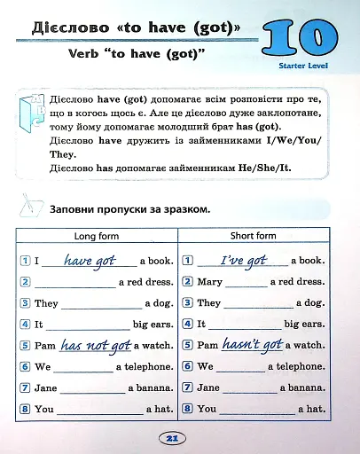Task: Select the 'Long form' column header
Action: coord(96,236)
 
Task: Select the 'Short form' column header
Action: coord(254,236)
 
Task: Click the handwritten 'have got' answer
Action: coord(90,260)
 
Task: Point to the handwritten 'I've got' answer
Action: coord(244,260)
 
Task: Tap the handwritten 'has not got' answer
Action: coord(96,345)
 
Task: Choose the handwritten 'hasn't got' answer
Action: coord(252,345)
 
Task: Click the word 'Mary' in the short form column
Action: coord(209,282)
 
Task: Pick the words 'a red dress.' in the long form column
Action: coord(146,282)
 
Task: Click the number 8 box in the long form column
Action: coord(25,410)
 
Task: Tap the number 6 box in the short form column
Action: coord(187,367)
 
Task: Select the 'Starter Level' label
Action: coord(304,66)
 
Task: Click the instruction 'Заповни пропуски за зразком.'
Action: coord(130,209)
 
